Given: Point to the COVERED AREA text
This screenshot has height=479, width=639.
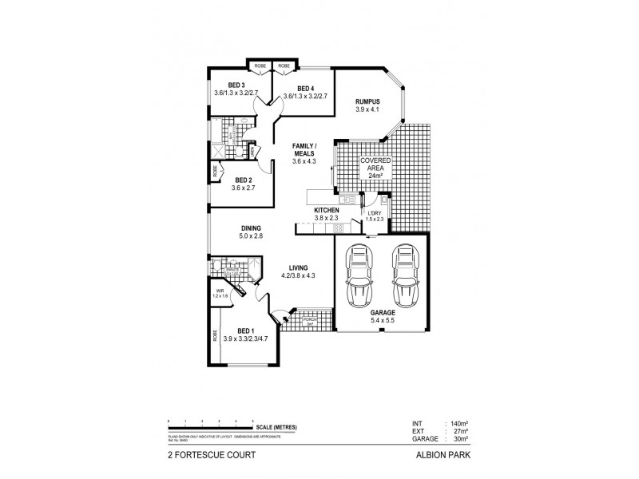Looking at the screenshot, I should [x=374, y=168].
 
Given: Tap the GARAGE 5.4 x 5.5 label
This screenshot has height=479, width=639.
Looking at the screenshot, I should [x=381, y=316].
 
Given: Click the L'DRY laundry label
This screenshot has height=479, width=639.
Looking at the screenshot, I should [x=374, y=213].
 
